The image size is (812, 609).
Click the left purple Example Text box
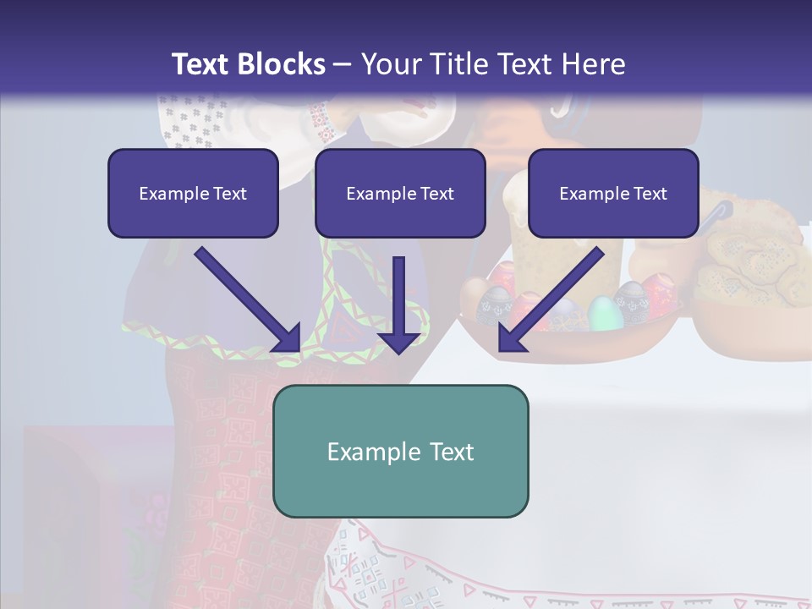pyautogui.click(x=193, y=194)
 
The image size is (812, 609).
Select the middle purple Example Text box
pyautogui.click(x=400, y=194)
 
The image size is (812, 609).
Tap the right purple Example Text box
pyautogui.click(x=613, y=194)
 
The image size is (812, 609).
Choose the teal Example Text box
pyautogui.click(x=400, y=451)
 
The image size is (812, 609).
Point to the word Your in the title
pyautogui.click(x=387, y=63)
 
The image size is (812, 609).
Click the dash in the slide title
pyautogui.click(x=343, y=63)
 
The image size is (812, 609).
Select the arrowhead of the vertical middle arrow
pyautogui.click(x=399, y=339)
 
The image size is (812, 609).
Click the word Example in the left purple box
pyautogui.click(x=172, y=194)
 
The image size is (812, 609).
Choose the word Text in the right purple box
pyautogui.click(x=650, y=194)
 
